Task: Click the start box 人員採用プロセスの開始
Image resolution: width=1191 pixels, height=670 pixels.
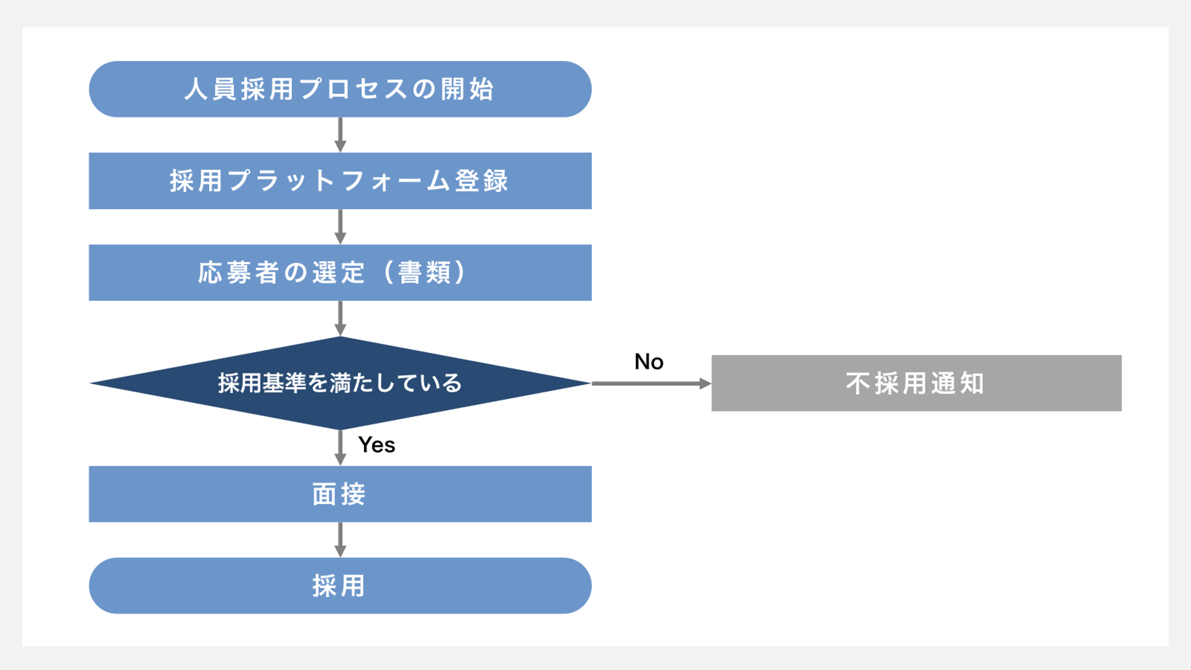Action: tap(340, 89)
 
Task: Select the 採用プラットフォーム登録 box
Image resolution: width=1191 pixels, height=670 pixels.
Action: tap(340, 180)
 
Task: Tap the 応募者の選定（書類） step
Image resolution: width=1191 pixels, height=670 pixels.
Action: tap(340, 272)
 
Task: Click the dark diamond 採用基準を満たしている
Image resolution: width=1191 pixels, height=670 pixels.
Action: tap(340, 383)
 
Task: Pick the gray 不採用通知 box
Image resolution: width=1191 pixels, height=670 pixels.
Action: tap(916, 383)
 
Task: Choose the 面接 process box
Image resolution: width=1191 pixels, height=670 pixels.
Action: tap(340, 494)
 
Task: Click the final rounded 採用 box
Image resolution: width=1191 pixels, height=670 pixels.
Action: tap(340, 585)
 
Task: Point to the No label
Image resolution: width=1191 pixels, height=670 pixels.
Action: tap(648, 361)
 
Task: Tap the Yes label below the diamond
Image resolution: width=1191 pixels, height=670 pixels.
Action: tap(376, 445)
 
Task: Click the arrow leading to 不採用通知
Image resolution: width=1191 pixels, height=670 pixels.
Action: tap(651, 383)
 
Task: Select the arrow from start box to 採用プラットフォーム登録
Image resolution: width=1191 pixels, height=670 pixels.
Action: tap(340, 135)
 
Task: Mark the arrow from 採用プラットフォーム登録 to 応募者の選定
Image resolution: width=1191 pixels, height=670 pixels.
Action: tap(340, 227)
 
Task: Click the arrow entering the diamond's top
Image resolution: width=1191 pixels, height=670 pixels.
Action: tap(340, 318)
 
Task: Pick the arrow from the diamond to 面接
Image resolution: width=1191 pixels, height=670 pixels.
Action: tap(340, 448)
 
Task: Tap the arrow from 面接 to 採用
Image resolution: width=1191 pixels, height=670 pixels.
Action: tap(340, 540)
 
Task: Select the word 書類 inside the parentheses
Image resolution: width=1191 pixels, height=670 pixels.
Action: tap(425, 272)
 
